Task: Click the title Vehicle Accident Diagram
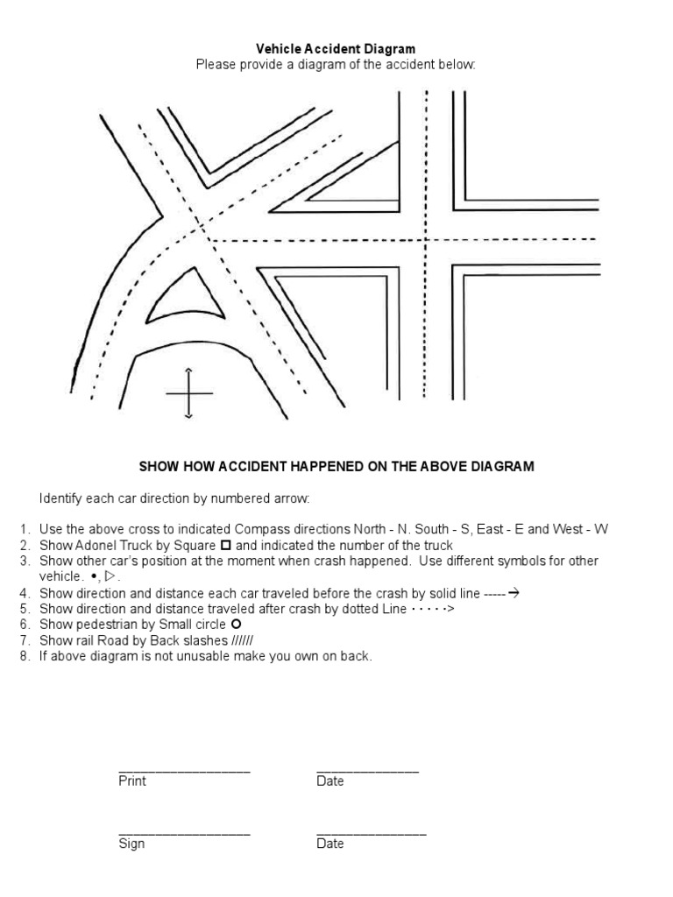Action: (336, 50)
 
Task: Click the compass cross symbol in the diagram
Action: (189, 393)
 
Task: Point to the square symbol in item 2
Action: (226, 546)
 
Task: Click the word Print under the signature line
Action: (132, 781)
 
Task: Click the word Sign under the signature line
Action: (131, 844)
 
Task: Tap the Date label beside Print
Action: (330, 781)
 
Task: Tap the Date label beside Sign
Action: (330, 844)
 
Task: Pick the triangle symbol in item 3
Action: (110, 577)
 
